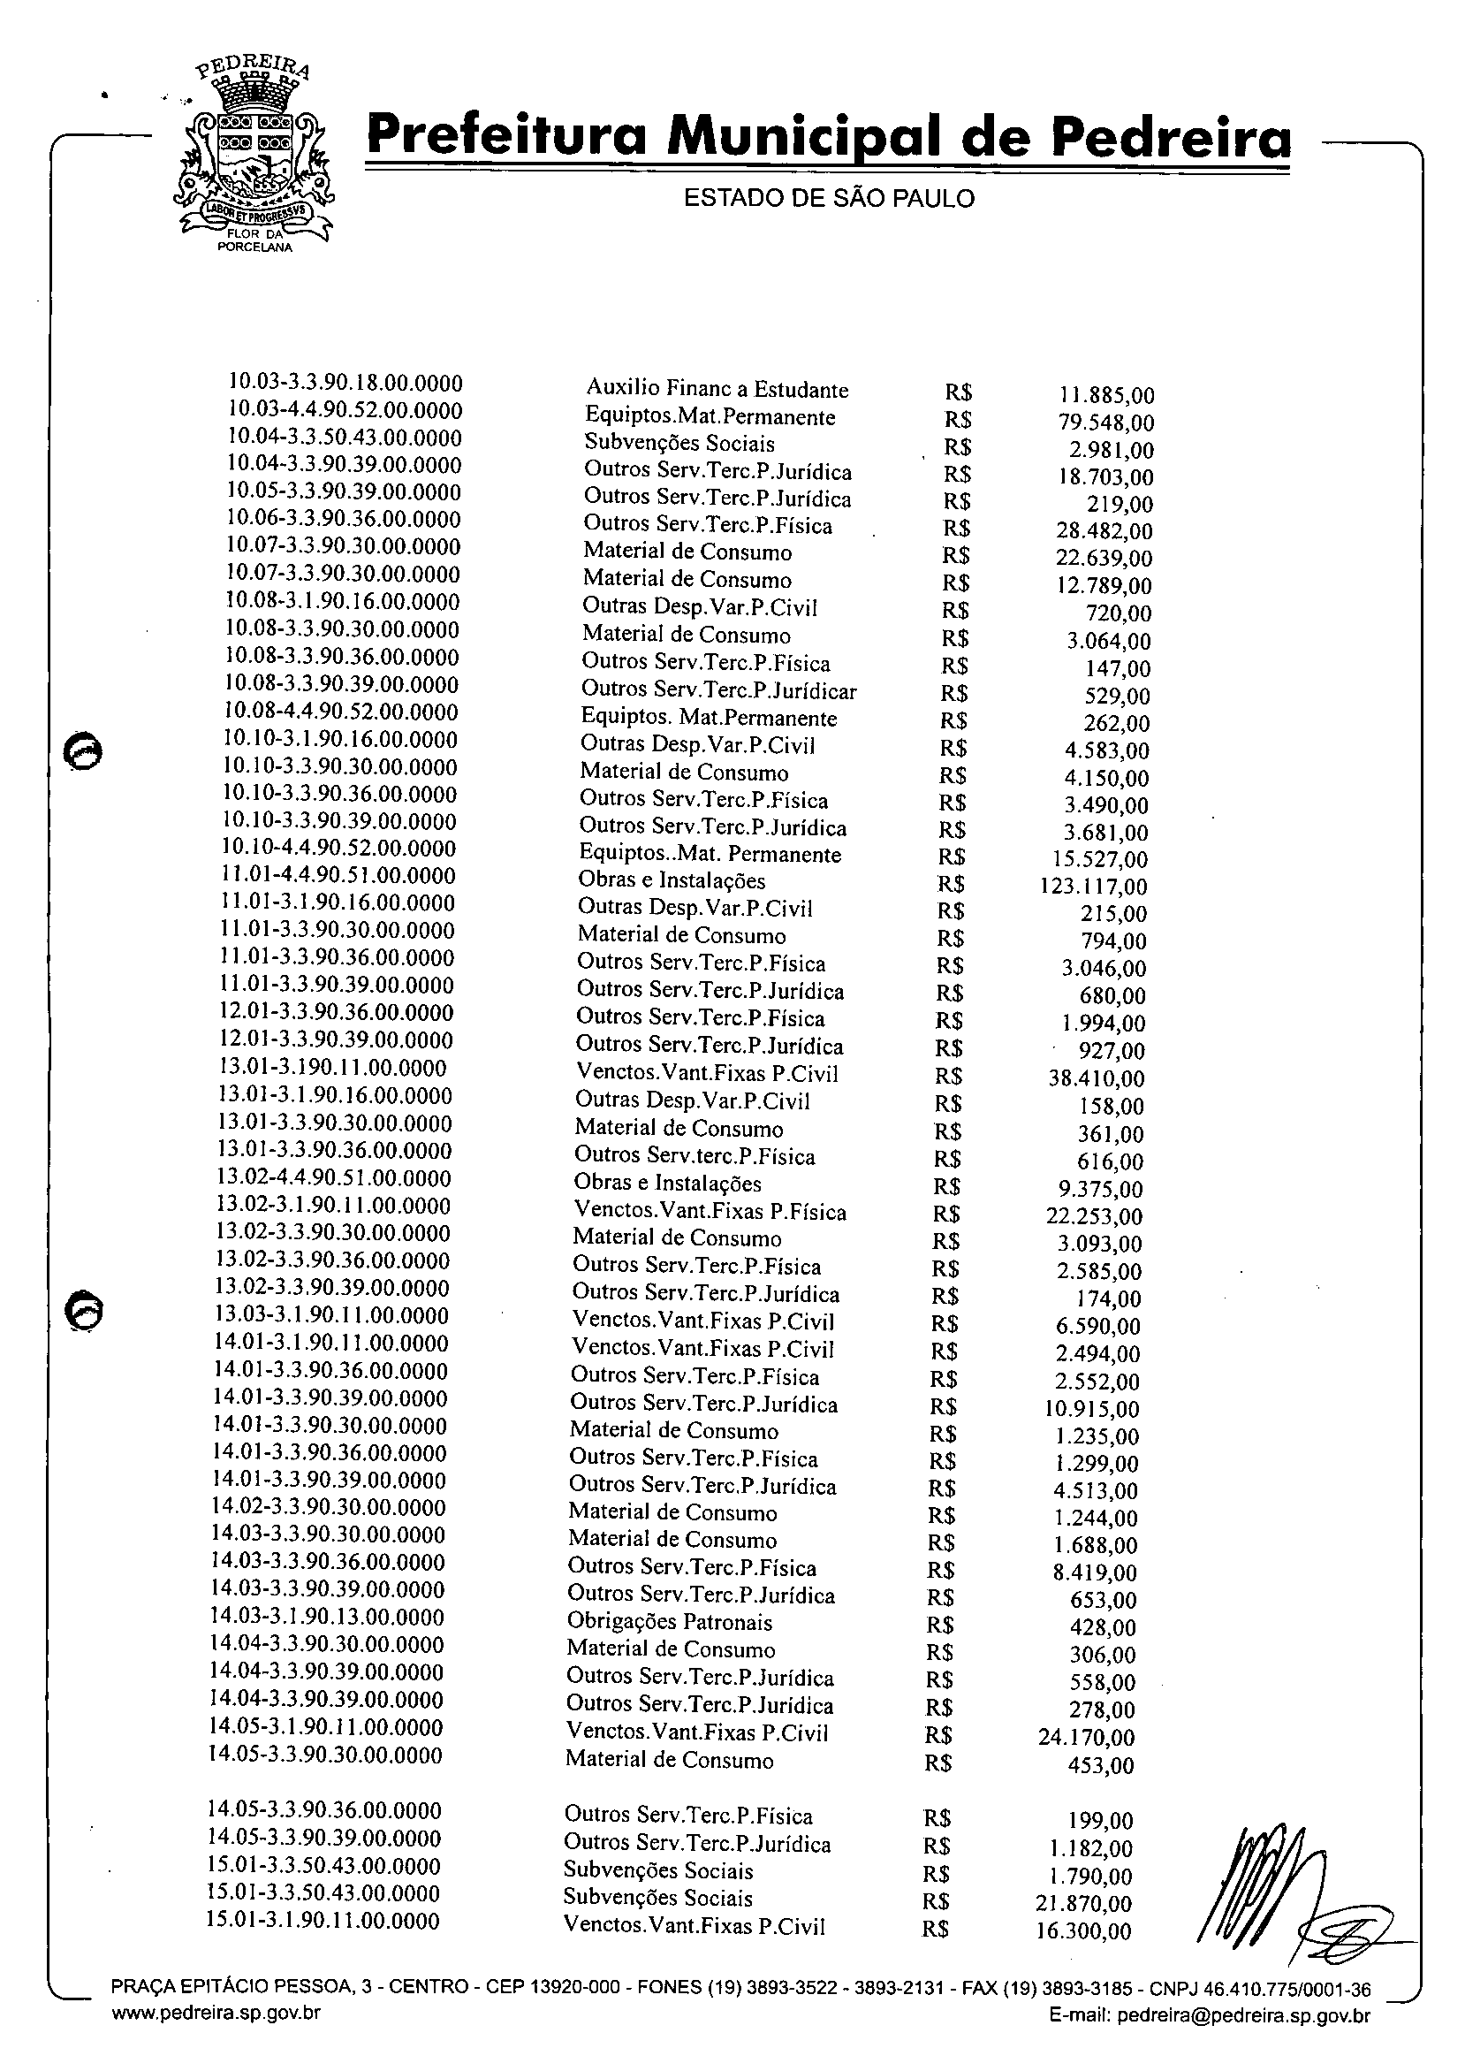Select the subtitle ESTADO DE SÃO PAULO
829,199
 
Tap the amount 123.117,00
1093,887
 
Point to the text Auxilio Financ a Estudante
717,390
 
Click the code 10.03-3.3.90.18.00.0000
345,383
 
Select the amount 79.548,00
1105,423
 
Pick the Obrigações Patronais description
670,1623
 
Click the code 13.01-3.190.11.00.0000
333,1069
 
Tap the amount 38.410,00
1096,1078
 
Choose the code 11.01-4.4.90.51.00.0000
338,875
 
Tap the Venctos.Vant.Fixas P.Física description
709,1212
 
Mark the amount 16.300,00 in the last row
1083,1932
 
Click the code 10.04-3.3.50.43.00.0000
344,438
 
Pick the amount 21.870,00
1083,1904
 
